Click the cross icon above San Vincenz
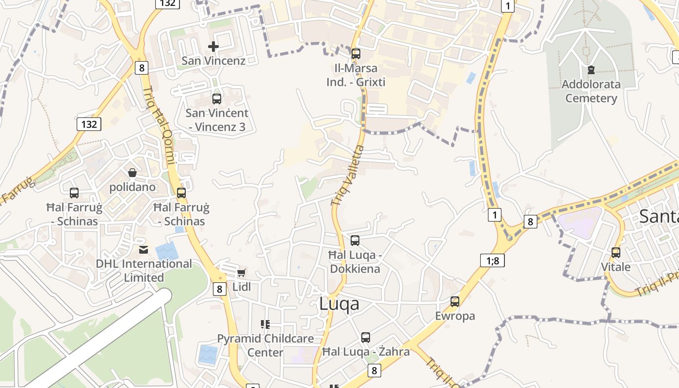(x=213, y=47)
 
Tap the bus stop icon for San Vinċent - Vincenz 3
(x=217, y=99)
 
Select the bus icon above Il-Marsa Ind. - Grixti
(x=356, y=54)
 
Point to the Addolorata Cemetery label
(x=591, y=91)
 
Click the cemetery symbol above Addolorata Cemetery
(x=591, y=70)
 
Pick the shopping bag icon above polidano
(x=132, y=173)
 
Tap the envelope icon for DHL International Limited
(x=144, y=250)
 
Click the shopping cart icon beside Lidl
(x=242, y=273)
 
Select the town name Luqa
(x=339, y=304)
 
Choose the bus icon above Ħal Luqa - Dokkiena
(x=355, y=240)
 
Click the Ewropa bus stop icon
(x=454, y=302)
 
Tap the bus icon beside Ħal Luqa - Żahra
(x=366, y=338)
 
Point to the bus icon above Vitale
(x=616, y=253)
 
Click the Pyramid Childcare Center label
(x=265, y=345)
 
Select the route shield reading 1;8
(x=492, y=260)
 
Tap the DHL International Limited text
(x=144, y=271)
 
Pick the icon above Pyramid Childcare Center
(x=265, y=324)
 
